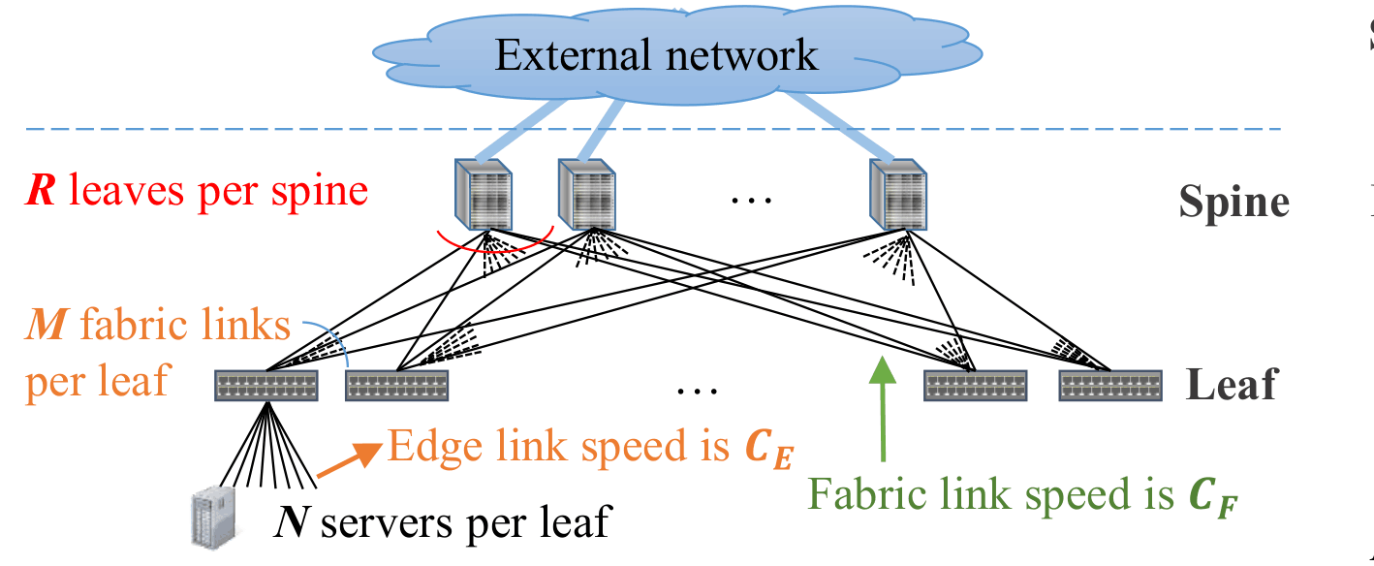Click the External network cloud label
656,55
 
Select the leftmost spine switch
484,194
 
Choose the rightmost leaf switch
1109,386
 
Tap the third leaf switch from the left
974,386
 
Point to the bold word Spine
1233,203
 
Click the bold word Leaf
1231,385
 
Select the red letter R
41,191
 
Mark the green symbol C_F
1213,498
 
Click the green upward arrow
882,407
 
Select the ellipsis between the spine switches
750,199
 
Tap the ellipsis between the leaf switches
697,390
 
